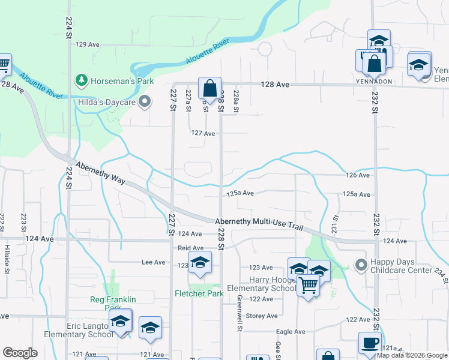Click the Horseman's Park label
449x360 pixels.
pyautogui.click(x=122, y=81)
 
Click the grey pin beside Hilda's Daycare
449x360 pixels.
pyautogui.click(x=144, y=102)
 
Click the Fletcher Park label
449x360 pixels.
pyautogui.click(x=199, y=293)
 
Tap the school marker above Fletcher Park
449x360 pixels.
pyautogui.click(x=200, y=263)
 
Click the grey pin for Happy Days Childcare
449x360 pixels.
pyautogui.click(x=361, y=265)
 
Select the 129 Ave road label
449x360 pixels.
pyautogui.click(x=87, y=44)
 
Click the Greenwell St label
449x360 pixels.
pyautogui.click(x=239, y=313)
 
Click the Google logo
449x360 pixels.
pyautogui.click(x=20, y=353)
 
